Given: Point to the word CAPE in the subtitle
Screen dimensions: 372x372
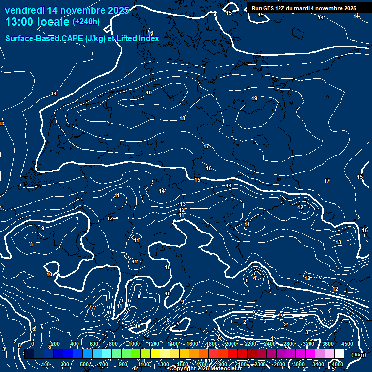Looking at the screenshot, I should (x=74, y=39).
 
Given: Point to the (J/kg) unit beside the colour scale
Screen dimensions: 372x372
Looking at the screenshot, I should (x=358, y=355).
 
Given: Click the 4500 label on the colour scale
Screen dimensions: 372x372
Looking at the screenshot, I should (x=347, y=344).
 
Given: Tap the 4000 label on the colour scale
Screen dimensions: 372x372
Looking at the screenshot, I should (x=338, y=364).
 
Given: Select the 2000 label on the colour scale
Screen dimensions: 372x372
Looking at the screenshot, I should (x=231, y=344).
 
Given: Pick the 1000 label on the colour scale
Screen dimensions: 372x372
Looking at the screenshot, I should (x=134, y=344).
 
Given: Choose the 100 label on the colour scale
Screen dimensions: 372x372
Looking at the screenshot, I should (x=46, y=364).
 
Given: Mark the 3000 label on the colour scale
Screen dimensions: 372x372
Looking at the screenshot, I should (x=299, y=364).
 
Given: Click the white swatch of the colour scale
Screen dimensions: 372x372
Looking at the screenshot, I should (x=339, y=354).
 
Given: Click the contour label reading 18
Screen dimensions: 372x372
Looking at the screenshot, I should (x=182, y=118).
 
